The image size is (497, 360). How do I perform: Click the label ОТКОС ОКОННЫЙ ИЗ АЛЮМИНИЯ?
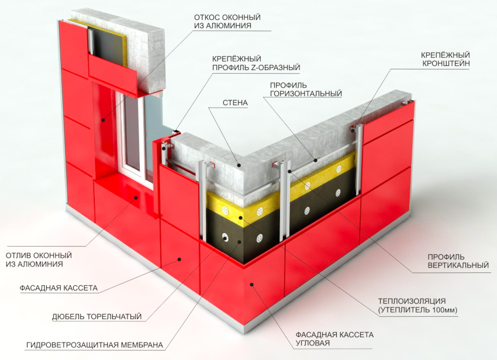[227, 21]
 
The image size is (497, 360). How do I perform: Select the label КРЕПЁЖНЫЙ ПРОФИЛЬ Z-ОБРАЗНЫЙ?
[256, 63]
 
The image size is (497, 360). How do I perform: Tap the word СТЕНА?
[235, 103]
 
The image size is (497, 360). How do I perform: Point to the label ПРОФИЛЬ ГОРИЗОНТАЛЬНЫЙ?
[306, 89]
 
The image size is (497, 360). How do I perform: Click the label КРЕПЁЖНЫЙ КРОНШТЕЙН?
[446, 59]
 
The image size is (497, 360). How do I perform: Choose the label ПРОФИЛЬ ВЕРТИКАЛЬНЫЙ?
[458, 261]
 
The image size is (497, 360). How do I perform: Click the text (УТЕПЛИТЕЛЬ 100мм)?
[417, 310]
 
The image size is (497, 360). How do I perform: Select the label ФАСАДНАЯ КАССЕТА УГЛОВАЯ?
[334, 339]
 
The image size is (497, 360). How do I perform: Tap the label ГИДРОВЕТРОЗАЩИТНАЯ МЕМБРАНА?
[95, 345]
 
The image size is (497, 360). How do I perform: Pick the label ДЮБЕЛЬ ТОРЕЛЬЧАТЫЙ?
[96, 316]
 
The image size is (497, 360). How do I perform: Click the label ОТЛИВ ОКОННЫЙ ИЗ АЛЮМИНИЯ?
[39, 259]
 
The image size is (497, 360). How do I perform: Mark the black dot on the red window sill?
[136, 198]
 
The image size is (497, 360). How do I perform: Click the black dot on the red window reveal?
[103, 120]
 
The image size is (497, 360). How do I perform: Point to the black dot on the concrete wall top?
[240, 165]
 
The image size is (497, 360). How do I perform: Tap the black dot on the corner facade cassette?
[253, 285]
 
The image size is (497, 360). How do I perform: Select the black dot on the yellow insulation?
[241, 218]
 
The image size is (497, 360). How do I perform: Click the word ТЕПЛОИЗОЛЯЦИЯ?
[412, 301]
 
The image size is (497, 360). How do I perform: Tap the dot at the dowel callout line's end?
[225, 238]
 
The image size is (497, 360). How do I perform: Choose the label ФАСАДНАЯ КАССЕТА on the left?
[58, 288]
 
